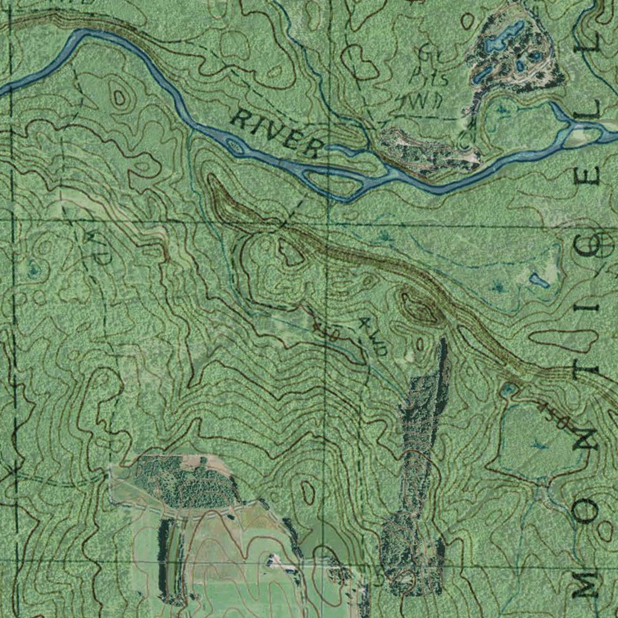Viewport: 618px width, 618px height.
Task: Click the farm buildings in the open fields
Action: point(279,562)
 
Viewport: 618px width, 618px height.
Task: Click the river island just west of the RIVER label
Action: point(235,145)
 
